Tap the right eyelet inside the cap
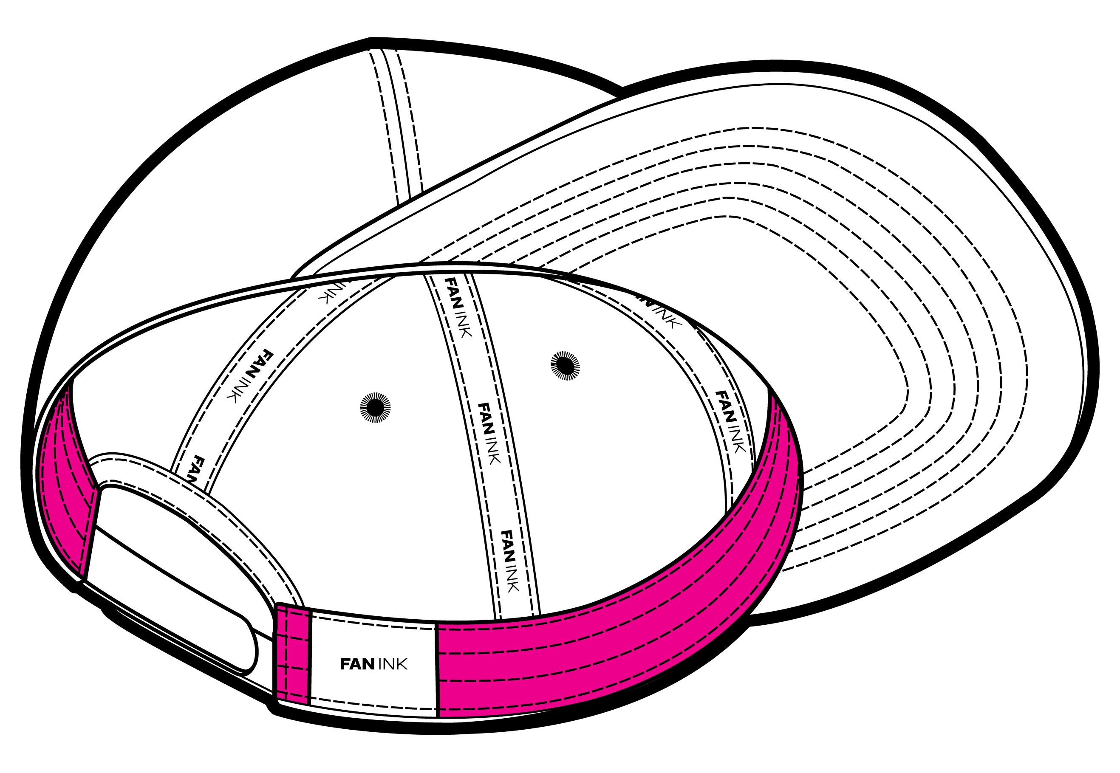pyautogui.click(x=565, y=366)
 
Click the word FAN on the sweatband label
pyautogui.click(x=357, y=664)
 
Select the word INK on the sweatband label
pyautogui.click(x=393, y=664)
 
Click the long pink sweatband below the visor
pyautogui.click(x=630, y=629)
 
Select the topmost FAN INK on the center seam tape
pyautogui.click(x=457, y=307)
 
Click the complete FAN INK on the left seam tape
pyautogui.click(x=250, y=376)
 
